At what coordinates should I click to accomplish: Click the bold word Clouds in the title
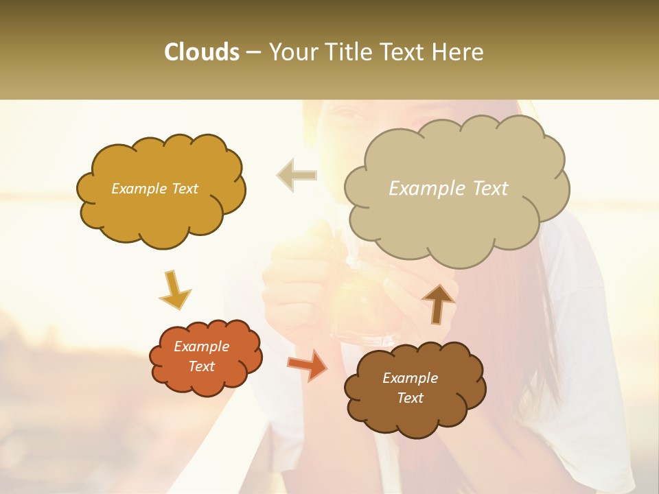(x=202, y=52)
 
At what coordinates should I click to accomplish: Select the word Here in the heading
(x=458, y=52)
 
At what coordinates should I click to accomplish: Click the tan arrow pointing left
(x=297, y=175)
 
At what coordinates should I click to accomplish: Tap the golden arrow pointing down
(x=174, y=289)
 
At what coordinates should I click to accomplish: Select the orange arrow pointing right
(x=308, y=364)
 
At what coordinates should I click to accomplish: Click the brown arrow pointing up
(x=438, y=303)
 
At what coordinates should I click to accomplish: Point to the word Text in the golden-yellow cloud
(x=184, y=189)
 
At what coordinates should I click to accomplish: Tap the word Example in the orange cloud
(x=201, y=346)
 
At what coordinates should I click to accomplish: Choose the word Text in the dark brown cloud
(x=410, y=398)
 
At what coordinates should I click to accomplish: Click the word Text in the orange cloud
(x=201, y=366)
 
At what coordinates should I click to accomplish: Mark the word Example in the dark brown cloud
(x=410, y=378)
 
